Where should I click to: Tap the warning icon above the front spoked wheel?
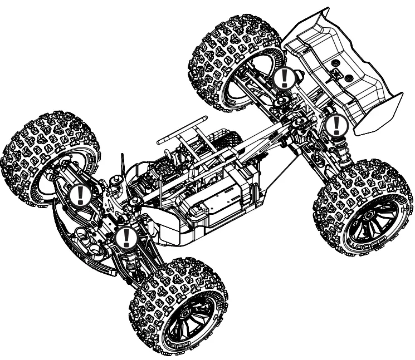(x=126, y=238)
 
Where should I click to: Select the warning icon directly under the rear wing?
(x=335, y=126)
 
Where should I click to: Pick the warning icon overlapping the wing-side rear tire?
(x=284, y=78)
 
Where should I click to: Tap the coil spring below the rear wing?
(x=338, y=147)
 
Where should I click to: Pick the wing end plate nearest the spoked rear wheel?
(x=379, y=114)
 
